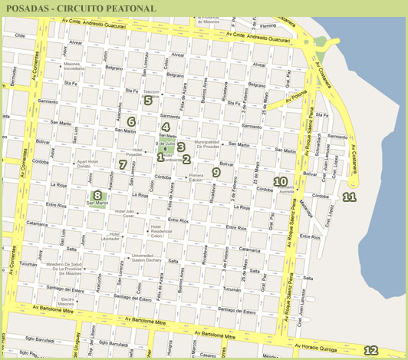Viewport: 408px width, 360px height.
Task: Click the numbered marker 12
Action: point(370,351)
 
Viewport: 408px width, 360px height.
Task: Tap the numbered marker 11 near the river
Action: point(350,198)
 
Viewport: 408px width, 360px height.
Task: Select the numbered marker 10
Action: point(281,182)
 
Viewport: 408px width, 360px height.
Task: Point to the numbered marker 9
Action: point(216,173)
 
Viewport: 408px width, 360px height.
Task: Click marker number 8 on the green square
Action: point(97,195)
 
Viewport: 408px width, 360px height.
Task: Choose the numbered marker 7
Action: point(123,164)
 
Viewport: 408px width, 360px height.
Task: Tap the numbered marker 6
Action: point(131,121)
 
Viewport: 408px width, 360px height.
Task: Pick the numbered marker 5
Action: point(148,100)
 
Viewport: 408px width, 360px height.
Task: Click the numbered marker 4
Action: point(166,127)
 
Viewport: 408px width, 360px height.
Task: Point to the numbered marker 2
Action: point(186,159)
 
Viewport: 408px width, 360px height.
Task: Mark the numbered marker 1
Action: point(160,157)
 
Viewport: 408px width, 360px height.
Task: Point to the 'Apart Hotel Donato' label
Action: point(90,164)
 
